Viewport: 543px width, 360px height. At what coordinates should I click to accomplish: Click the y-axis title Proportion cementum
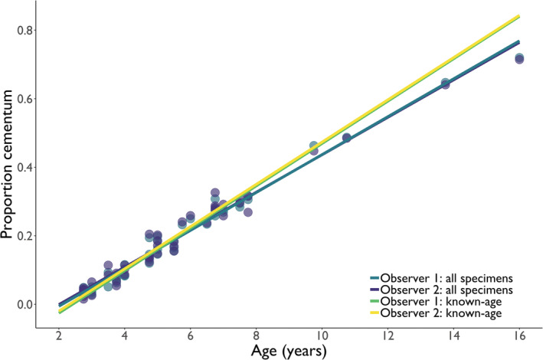(x=11, y=165)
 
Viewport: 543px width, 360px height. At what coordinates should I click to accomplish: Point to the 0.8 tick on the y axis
(x=25, y=31)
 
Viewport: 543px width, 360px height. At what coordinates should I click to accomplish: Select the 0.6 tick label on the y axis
(x=25, y=99)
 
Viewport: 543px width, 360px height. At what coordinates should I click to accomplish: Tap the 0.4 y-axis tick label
(x=25, y=167)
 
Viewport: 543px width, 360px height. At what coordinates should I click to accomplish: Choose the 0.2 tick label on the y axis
(x=25, y=236)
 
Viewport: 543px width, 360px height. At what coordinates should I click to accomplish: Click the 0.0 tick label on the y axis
(x=25, y=304)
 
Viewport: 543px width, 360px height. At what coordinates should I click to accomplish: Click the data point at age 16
(x=519, y=58)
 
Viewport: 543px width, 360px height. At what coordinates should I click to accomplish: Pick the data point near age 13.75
(x=445, y=83)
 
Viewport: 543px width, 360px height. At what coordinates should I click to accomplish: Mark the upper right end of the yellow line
(x=519, y=16)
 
